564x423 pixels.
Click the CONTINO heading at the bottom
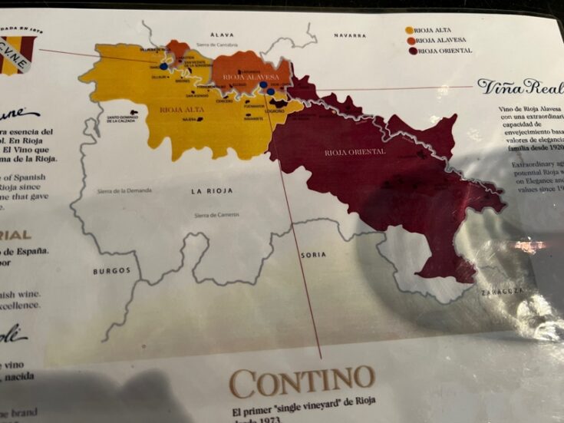tap(302, 379)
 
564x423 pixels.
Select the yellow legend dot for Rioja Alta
tap(408, 31)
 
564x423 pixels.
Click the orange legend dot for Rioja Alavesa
tap(411, 41)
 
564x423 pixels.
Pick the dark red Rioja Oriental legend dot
tap(413, 51)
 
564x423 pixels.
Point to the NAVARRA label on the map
tap(349, 35)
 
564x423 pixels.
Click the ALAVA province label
tap(222, 35)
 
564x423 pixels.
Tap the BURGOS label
tap(112, 270)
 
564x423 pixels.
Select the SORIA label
tap(313, 254)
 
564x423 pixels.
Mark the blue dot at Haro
tap(163, 67)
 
